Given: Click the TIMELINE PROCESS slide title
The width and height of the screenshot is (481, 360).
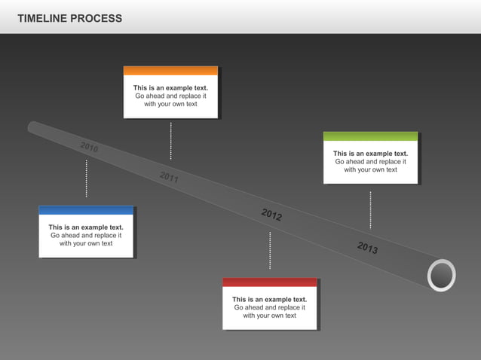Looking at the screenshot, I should (69, 18).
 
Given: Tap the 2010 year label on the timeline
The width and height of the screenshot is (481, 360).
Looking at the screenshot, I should (89, 147).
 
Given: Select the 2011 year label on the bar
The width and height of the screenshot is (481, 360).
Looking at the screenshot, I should (169, 178).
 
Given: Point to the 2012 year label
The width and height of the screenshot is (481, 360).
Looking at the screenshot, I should (271, 215).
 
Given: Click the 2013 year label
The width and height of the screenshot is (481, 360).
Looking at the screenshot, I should (367, 248).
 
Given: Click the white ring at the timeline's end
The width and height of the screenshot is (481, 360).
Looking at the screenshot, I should (441, 276).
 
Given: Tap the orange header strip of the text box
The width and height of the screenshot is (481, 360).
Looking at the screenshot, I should (170, 71).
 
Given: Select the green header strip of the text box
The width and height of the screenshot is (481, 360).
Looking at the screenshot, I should (370, 136).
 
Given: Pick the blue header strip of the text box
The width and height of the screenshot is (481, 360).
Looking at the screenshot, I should (86, 210).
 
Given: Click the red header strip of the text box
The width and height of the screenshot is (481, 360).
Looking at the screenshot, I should (269, 282).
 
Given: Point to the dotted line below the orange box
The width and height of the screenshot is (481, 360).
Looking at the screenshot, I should (170, 140).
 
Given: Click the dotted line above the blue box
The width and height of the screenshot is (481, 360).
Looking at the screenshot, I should (86, 178).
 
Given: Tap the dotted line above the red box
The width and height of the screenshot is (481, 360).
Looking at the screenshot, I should (270, 251).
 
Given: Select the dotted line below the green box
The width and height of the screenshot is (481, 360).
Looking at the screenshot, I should (370, 209).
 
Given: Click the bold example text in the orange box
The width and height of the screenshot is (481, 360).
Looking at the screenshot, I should (170, 88).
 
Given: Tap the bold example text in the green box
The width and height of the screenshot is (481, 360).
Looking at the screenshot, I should (370, 154).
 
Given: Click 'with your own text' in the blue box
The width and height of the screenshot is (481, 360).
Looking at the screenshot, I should (86, 243).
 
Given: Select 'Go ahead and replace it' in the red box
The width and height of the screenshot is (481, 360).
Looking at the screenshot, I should (269, 307).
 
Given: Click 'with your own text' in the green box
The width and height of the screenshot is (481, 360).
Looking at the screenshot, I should (370, 169).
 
